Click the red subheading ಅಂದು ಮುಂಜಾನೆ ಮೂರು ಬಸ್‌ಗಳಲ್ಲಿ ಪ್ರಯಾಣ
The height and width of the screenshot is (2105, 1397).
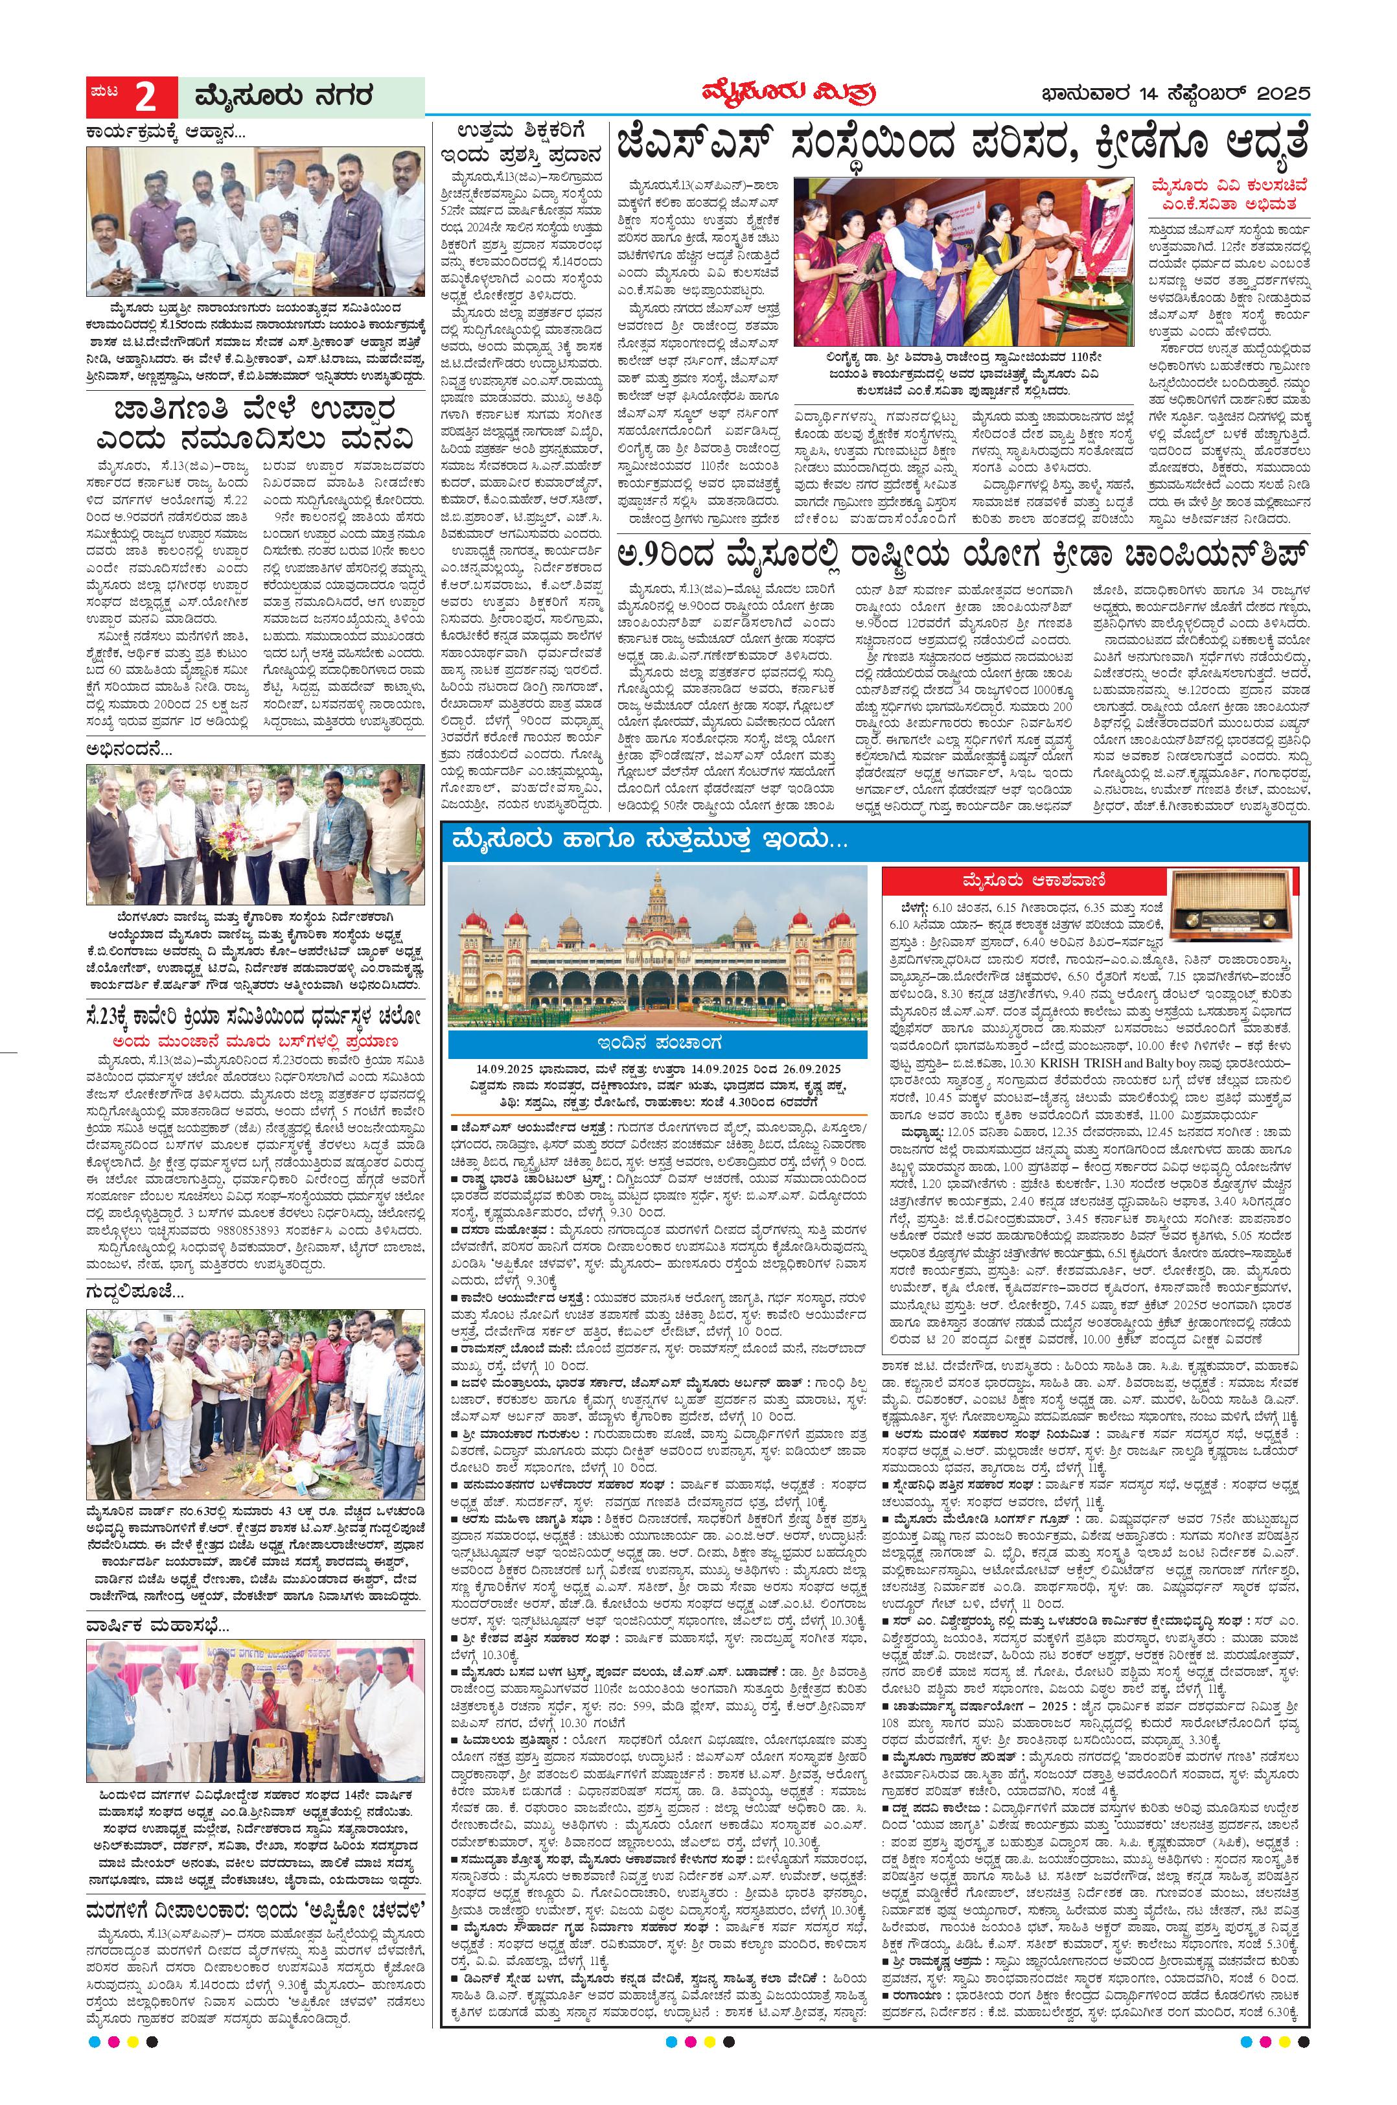[x=256, y=1040]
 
